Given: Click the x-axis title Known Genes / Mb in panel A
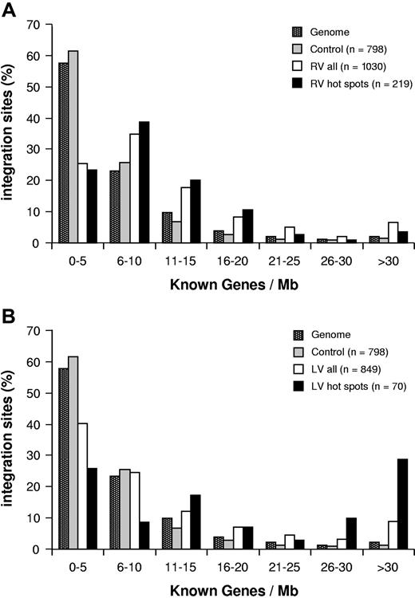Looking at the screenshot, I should (215, 283).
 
